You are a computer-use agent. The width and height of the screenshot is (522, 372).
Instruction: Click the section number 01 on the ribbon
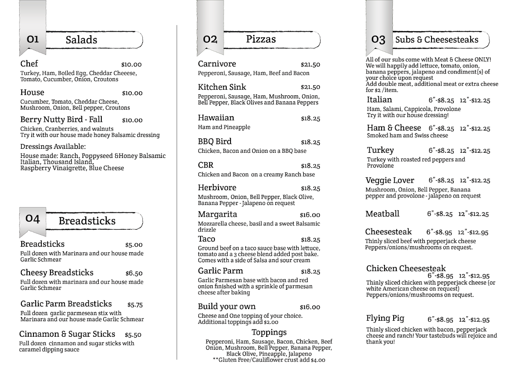click(33, 39)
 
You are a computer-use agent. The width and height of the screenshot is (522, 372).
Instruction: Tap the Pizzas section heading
click(261, 39)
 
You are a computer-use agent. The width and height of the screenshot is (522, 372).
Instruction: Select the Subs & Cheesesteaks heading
click(436, 40)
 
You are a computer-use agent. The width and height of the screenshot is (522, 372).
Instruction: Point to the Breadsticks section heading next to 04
click(87, 221)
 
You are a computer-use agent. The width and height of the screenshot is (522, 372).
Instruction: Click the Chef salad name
click(29, 64)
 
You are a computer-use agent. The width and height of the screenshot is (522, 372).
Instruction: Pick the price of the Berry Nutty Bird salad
click(132, 120)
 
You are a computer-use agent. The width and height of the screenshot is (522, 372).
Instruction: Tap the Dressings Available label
click(53, 147)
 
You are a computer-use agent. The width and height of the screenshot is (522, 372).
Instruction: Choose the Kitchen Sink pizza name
click(222, 87)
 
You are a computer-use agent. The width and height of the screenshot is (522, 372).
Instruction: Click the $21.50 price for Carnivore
click(310, 64)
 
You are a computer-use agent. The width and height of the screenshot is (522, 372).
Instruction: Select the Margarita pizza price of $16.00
click(310, 215)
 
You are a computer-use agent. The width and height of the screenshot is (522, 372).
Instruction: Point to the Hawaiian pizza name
click(216, 118)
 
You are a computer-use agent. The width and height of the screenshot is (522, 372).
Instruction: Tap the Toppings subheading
click(269, 332)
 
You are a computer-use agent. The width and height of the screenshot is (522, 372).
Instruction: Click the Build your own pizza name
click(227, 306)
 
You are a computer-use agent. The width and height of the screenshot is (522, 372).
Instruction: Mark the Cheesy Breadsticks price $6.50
click(134, 273)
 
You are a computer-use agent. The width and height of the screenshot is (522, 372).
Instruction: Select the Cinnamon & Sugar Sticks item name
click(67, 334)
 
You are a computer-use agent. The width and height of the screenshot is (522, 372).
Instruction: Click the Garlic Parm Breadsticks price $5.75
click(135, 305)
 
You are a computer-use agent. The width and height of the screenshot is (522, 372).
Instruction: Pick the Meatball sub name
click(382, 214)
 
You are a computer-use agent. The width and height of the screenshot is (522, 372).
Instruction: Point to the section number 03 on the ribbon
click(378, 40)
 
